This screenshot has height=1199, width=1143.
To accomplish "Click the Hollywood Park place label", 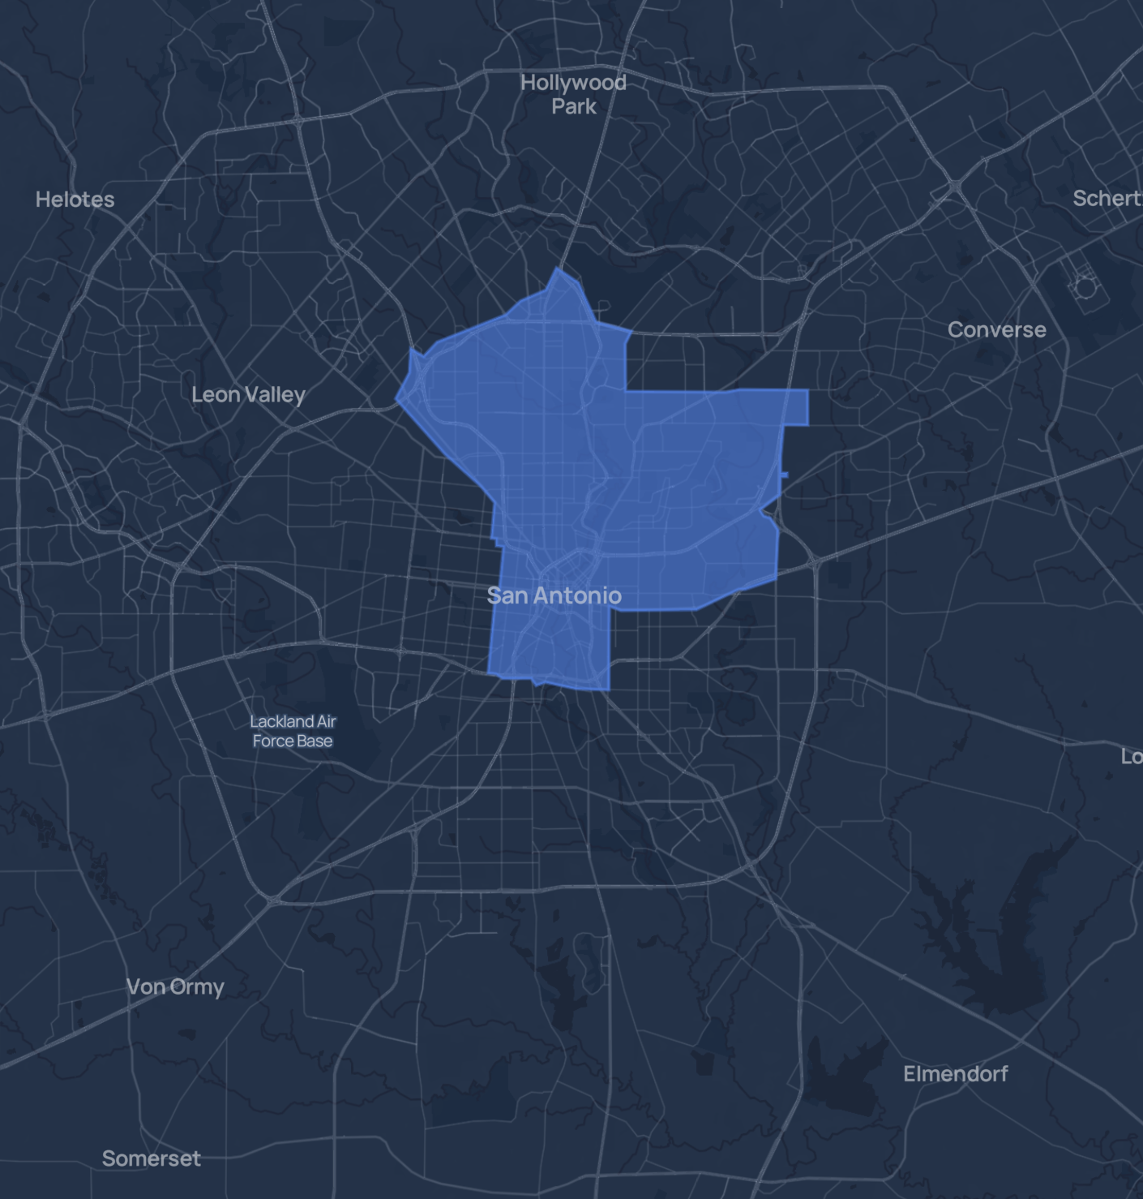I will (x=573, y=94).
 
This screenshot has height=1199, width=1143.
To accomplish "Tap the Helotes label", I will (x=75, y=200).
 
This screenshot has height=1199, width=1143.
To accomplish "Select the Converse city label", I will (x=996, y=330).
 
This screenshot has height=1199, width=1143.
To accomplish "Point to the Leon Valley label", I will (x=248, y=395).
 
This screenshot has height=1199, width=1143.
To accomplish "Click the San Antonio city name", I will (x=554, y=595).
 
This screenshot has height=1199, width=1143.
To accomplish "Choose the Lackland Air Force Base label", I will (x=293, y=731).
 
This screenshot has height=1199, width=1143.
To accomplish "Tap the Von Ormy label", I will (x=175, y=987).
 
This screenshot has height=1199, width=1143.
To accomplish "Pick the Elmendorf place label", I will (x=955, y=1074).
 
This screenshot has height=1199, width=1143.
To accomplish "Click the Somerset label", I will (x=151, y=1158).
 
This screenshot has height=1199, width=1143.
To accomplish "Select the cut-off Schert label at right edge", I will (x=1107, y=199).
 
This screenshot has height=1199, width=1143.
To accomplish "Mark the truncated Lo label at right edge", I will (x=1132, y=757).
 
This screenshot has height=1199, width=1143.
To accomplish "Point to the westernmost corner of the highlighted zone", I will (x=396, y=398).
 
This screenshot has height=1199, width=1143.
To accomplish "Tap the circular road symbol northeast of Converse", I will (x=1084, y=286).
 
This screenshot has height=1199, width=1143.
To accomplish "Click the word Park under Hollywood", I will (x=574, y=106).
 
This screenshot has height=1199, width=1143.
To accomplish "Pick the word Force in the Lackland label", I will (x=272, y=741).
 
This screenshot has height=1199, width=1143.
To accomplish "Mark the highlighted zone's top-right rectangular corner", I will (x=807, y=391).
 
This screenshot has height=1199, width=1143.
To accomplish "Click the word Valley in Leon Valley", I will (x=276, y=395).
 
